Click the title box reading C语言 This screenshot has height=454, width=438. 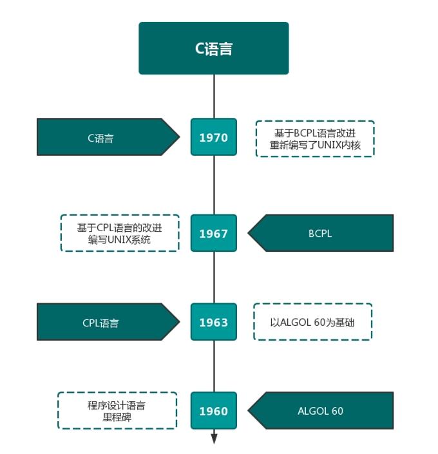point(213,48)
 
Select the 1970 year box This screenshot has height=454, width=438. point(213,137)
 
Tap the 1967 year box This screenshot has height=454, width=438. point(213,233)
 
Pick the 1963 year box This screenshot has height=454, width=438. point(213,322)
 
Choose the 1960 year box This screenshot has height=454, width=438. point(213,411)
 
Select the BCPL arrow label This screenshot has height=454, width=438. point(322,233)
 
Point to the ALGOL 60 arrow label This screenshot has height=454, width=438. point(322,411)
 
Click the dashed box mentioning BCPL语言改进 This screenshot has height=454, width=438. point(314,138)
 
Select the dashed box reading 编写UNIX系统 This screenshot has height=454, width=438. point(119,233)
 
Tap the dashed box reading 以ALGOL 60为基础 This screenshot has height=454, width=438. point(312,322)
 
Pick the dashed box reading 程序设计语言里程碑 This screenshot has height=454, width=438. point(117,411)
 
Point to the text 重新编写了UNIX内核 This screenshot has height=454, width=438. point(314,146)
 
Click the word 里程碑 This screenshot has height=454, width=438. point(117,417)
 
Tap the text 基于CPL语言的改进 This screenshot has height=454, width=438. point(119,227)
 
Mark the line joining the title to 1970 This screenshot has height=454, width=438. point(214,97)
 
